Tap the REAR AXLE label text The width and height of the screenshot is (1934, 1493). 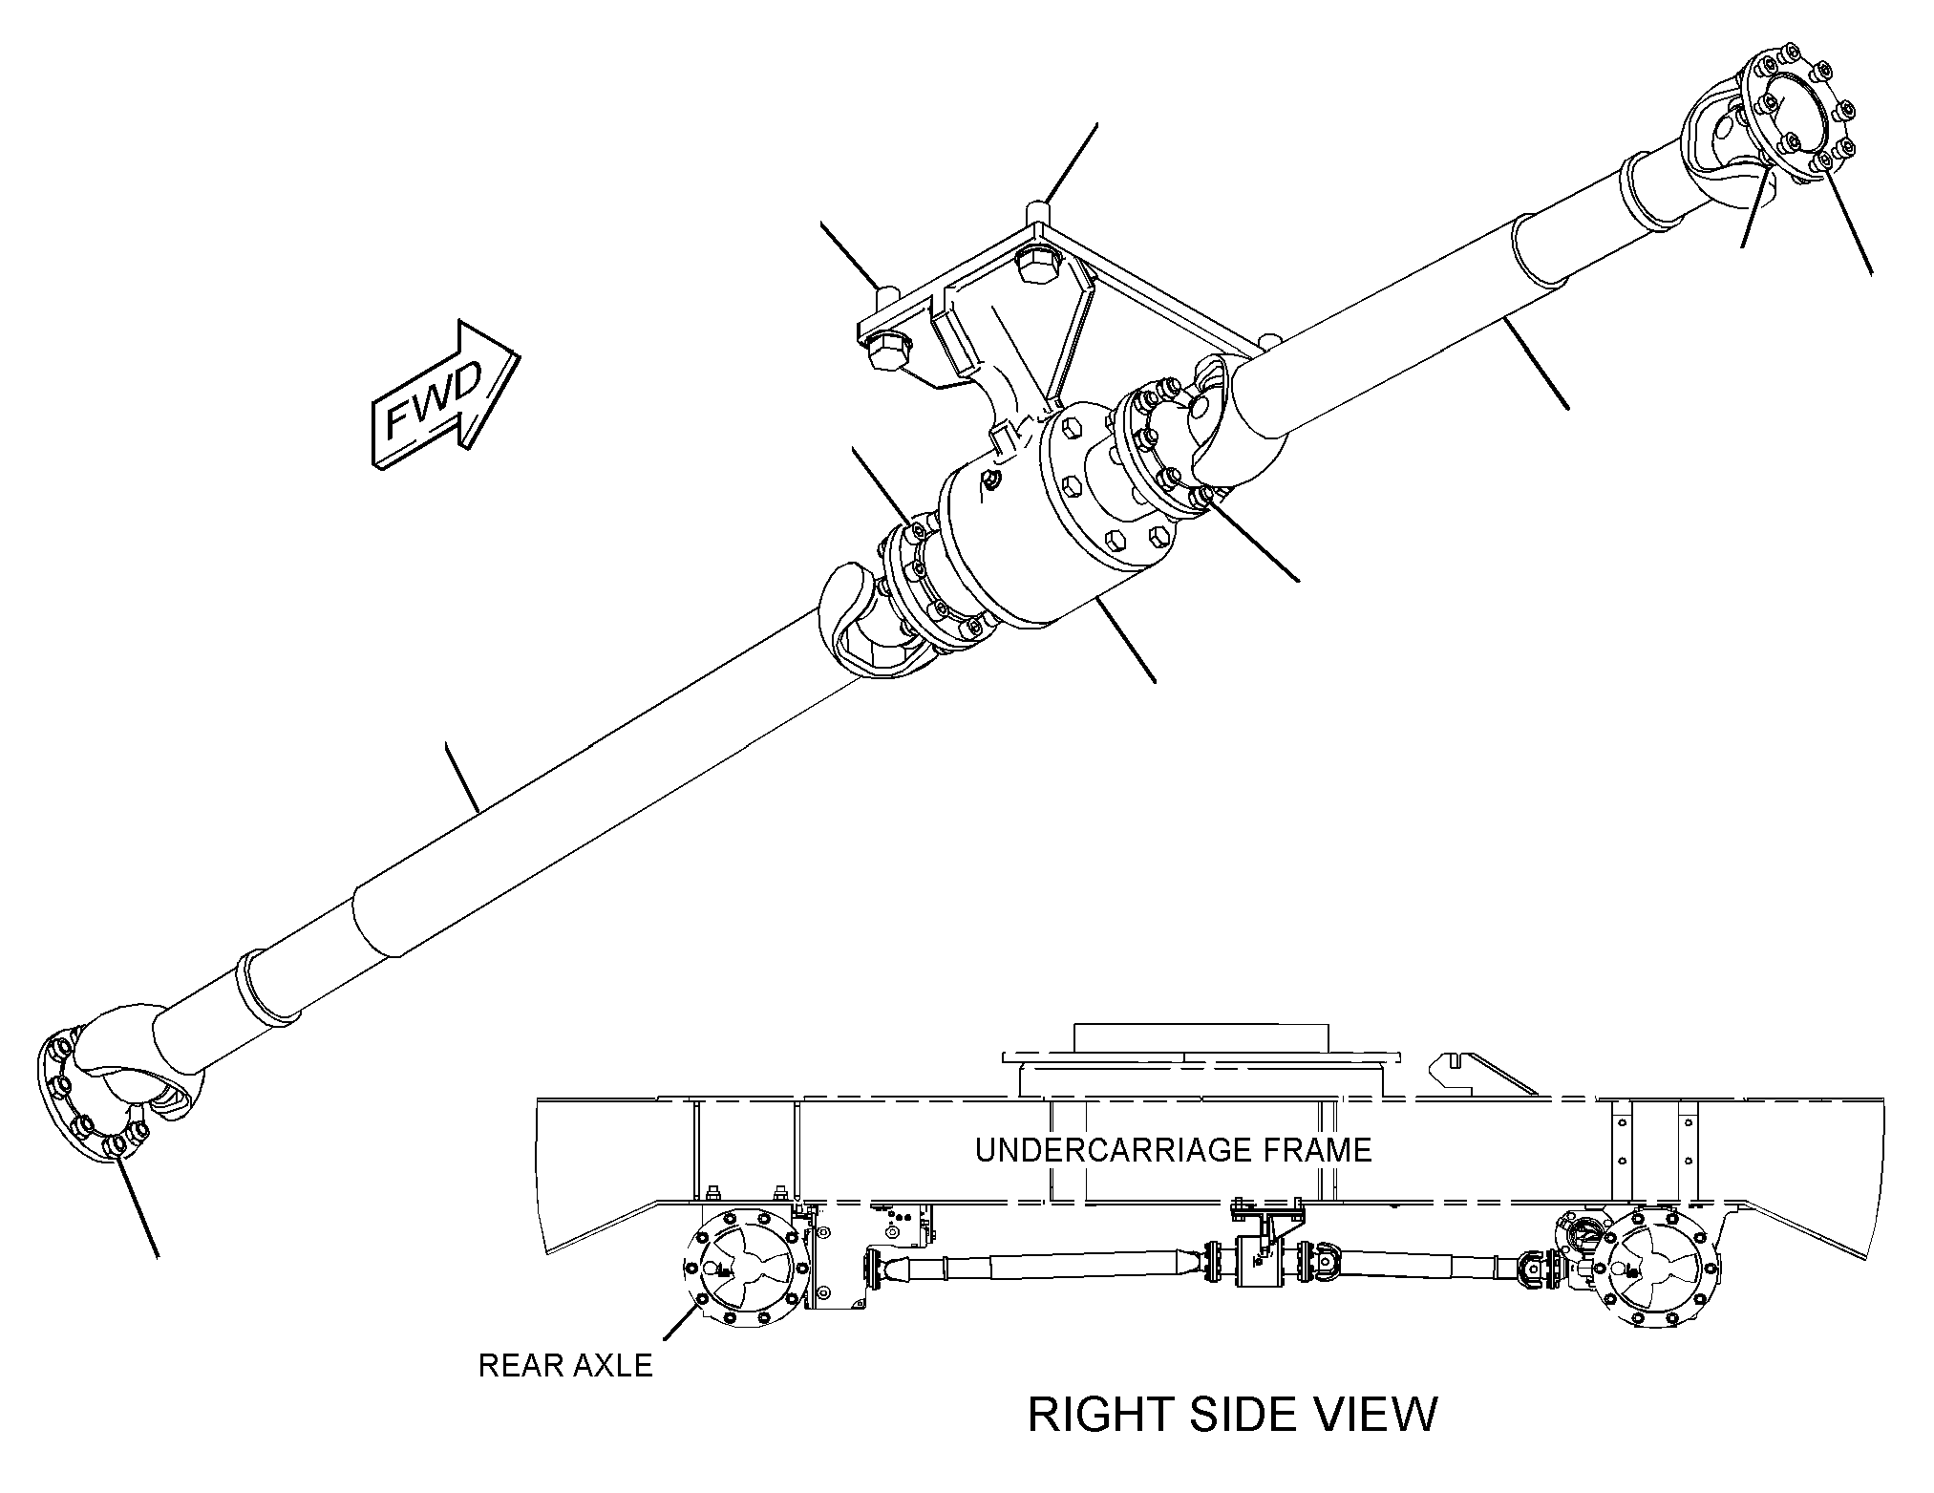(x=565, y=1366)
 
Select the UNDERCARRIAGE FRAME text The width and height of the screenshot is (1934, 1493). (x=1173, y=1149)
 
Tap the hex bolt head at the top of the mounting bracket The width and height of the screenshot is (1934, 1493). (x=1039, y=263)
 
